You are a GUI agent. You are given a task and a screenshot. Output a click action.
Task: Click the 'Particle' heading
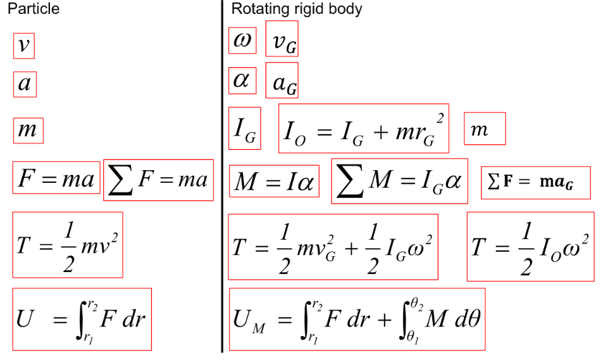33,9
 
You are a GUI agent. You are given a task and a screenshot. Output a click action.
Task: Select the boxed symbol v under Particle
24,46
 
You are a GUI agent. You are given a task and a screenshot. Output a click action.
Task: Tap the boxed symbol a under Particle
25,84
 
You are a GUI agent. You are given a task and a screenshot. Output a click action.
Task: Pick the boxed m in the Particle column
27,131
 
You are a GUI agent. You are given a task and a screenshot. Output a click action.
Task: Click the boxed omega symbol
242,41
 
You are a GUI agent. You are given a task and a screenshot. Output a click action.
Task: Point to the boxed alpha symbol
242,80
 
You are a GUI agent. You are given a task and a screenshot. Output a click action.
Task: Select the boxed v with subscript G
282,42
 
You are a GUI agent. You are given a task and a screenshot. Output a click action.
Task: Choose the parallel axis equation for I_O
363,128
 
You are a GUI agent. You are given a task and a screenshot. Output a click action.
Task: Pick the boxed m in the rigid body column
484,128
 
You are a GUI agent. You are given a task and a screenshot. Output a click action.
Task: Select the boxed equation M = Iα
273,181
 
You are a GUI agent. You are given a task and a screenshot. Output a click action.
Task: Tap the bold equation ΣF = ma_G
535,182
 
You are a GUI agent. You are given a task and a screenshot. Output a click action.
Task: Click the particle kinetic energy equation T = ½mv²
67,245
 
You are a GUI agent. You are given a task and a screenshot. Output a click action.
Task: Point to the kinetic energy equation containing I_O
530,246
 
